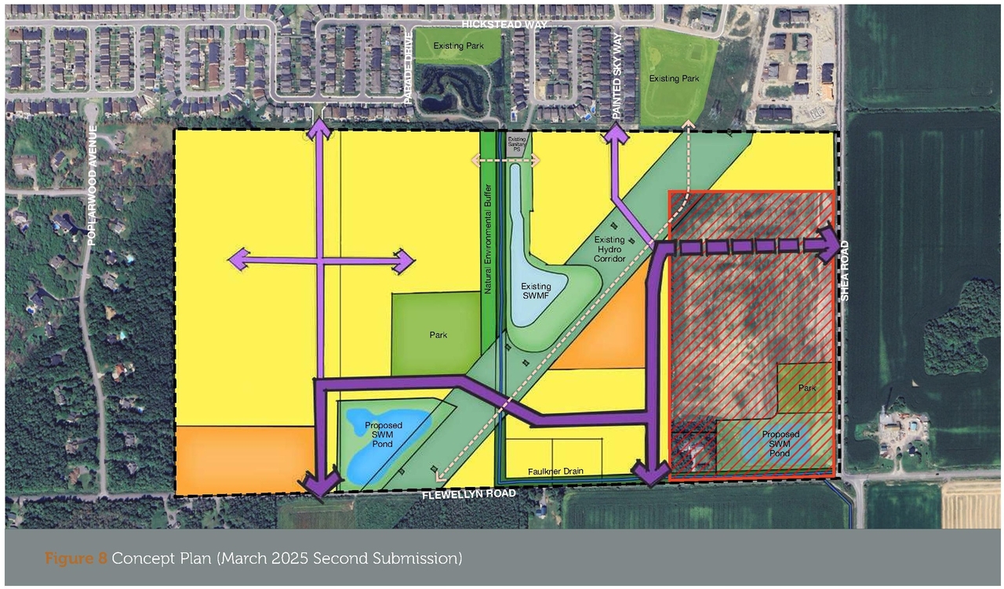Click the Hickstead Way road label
pos(504,24)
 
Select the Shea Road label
pos(845,271)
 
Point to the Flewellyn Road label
pos(469,494)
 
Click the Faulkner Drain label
pos(553,471)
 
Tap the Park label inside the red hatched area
pos(807,388)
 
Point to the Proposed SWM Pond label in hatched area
pos(780,444)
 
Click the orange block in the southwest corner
pos(243,459)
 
